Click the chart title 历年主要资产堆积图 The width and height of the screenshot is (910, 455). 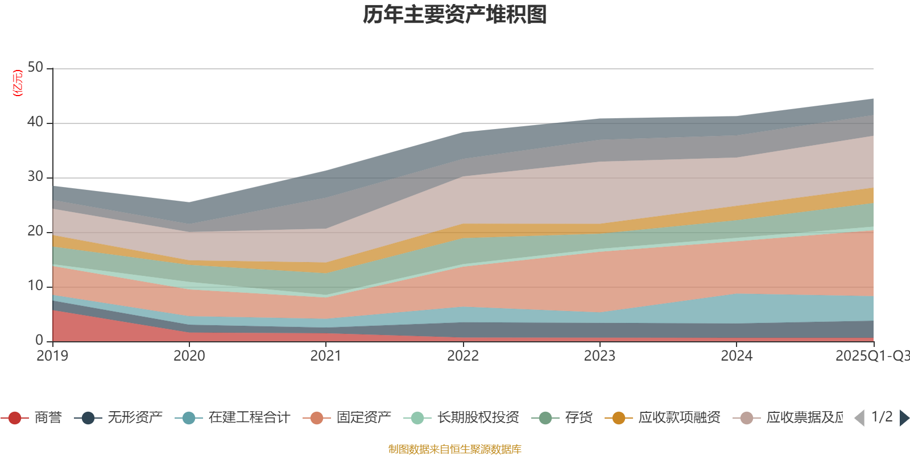pyautogui.click(x=455, y=15)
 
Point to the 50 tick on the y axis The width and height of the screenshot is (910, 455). pyautogui.click(x=35, y=68)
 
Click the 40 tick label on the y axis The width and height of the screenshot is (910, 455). pyautogui.click(x=35, y=122)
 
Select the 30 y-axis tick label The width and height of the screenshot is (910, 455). pyautogui.click(x=35, y=177)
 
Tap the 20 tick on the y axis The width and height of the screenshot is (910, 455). pyautogui.click(x=35, y=231)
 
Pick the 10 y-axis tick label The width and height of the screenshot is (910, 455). pyautogui.click(x=35, y=286)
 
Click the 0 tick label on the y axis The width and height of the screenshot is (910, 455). pyautogui.click(x=39, y=341)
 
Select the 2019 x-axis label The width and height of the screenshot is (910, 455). pyautogui.click(x=52, y=356)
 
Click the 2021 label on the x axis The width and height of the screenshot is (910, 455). pyautogui.click(x=326, y=356)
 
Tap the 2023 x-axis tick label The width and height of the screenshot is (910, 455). pyautogui.click(x=599, y=356)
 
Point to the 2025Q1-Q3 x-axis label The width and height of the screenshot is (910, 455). pyautogui.click(x=871, y=356)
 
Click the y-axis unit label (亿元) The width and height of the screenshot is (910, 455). pyautogui.click(x=18, y=83)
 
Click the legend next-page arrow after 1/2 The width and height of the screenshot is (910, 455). pyautogui.click(x=904, y=418)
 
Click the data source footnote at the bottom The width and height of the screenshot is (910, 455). pyautogui.click(x=455, y=449)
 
